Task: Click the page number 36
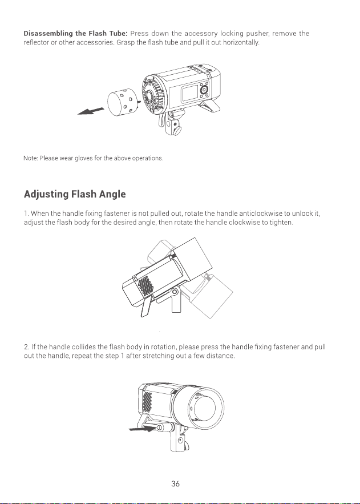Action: pos(175,484)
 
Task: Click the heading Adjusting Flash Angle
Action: pos(75,194)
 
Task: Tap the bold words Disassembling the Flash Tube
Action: pos(76,34)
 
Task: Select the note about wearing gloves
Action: pos(94,158)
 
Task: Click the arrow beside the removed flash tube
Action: pos(91,111)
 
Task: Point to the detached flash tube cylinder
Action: pos(122,102)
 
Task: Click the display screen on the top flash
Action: pos(191,92)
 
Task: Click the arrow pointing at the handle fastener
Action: pos(142,428)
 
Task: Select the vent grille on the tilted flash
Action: pos(145,285)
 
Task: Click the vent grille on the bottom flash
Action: pos(147,402)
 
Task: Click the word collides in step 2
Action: pos(84,347)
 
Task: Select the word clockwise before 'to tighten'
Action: pos(244,223)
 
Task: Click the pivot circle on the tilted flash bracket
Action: pos(175,292)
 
